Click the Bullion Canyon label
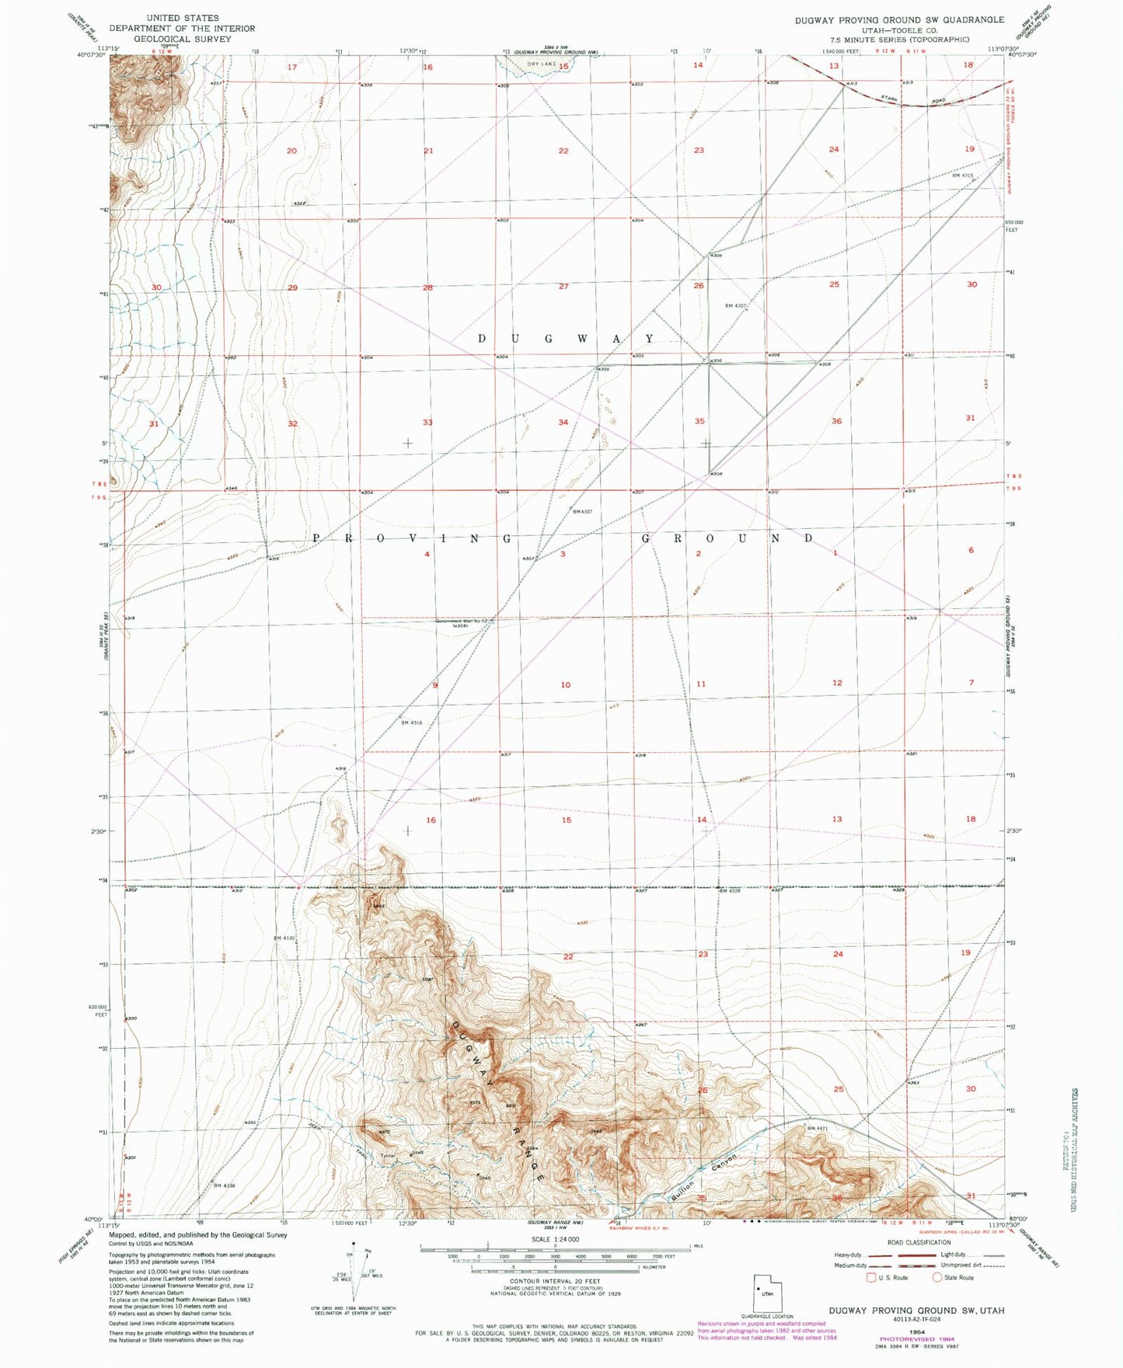tap(701, 1173)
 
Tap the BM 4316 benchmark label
tap(411, 723)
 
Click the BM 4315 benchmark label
tap(963, 176)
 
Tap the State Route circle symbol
tap(937, 1277)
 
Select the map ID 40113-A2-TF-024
tap(915, 1320)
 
